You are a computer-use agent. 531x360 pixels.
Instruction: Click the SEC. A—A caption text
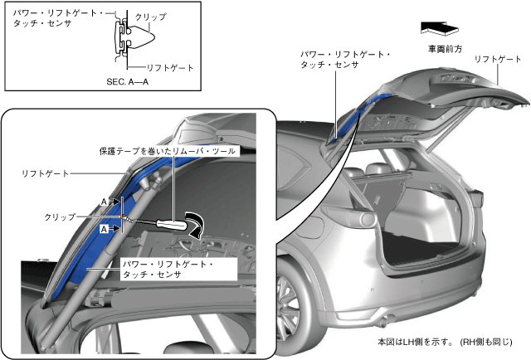[133, 82]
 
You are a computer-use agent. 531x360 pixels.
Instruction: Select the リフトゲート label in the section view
[169, 66]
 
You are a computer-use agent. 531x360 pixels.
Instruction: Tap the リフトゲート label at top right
[497, 60]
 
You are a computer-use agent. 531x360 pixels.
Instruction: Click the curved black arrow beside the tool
[197, 224]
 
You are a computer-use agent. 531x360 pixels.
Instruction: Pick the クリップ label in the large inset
[60, 216]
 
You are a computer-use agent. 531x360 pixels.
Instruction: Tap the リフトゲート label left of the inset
[46, 173]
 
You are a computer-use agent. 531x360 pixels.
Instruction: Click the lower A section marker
[105, 227]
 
